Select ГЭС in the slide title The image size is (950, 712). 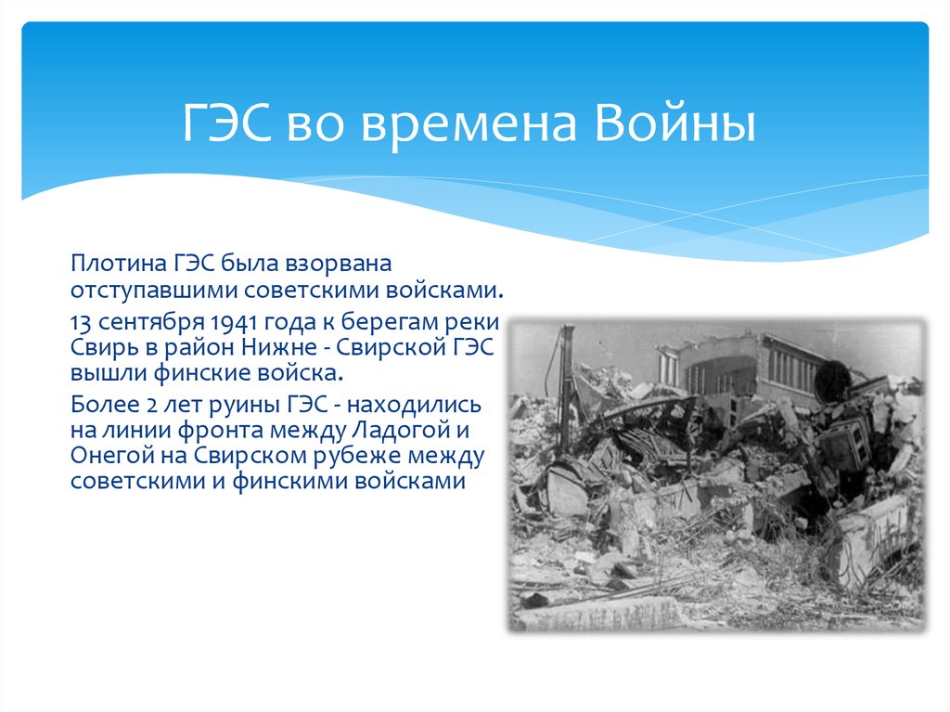[226, 125]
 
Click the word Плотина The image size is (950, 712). [112, 264]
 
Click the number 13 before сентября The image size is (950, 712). [81, 324]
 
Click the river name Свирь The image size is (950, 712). [101, 348]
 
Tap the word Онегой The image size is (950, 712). [104, 456]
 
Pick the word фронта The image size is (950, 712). [182, 431]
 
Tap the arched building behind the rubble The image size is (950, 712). [733, 367]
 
